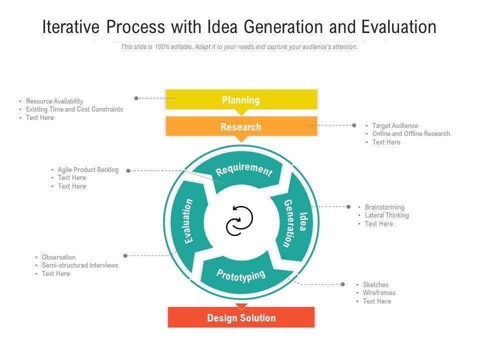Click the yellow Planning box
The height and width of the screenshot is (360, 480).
241,100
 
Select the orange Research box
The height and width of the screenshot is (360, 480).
241,127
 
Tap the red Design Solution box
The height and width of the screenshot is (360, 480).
241,318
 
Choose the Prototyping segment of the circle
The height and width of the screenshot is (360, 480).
240,275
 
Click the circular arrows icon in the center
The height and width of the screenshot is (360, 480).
240,220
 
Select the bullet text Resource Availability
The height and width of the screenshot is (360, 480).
54,101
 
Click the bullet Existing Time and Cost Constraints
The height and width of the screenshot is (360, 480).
74,109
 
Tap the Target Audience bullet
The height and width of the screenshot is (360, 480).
395,126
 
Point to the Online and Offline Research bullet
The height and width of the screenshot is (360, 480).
411,134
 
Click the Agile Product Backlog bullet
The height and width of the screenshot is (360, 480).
88,170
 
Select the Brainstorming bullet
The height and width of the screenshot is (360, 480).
384,207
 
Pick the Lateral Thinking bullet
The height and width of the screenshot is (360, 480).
387,215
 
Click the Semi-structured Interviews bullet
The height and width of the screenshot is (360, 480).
80,265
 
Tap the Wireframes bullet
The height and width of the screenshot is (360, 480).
379,293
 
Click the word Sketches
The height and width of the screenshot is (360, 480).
375,285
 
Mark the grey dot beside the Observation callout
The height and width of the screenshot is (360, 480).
125,255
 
